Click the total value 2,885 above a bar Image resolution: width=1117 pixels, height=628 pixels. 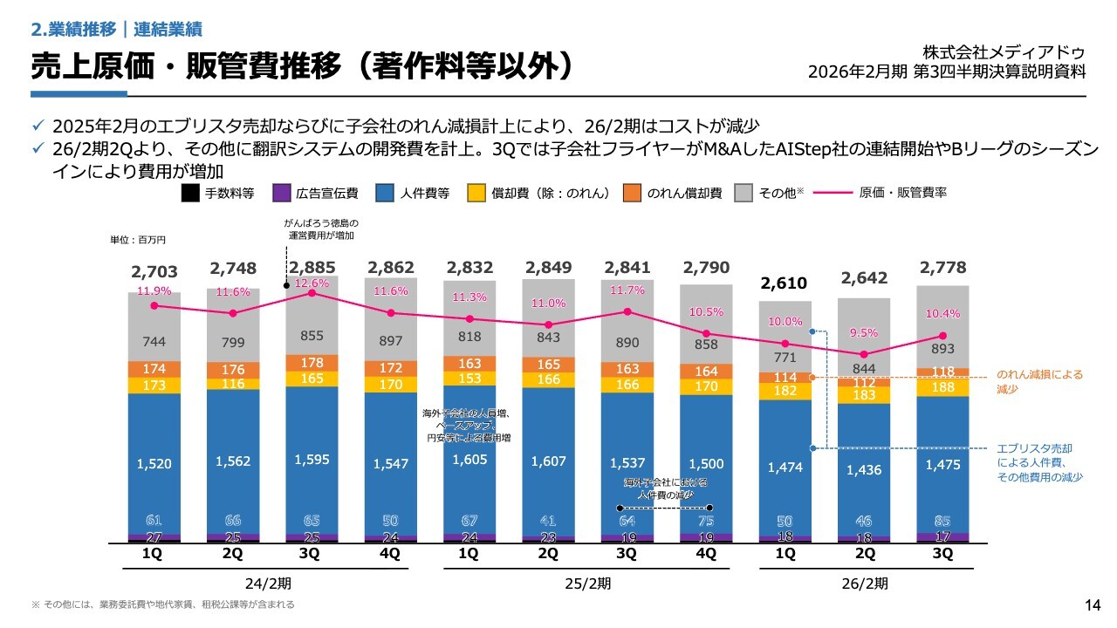click(312, 267)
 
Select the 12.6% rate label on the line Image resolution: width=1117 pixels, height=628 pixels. click(312, 283)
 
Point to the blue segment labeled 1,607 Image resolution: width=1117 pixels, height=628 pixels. click(548, 461)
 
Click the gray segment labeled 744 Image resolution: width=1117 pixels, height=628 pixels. click(154, 343)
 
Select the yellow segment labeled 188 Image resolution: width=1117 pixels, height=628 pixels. click(942, 387)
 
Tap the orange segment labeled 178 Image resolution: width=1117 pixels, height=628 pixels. click(312, 363)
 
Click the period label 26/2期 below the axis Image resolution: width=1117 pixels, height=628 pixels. click(864, 582)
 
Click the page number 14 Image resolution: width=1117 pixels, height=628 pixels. click(1092, 605)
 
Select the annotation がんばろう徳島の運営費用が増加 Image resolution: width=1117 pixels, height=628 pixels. click(321, 229)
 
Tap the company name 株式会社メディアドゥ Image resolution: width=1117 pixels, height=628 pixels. click(1004, 52)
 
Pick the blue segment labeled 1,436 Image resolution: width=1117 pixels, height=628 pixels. click(864, 469)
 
